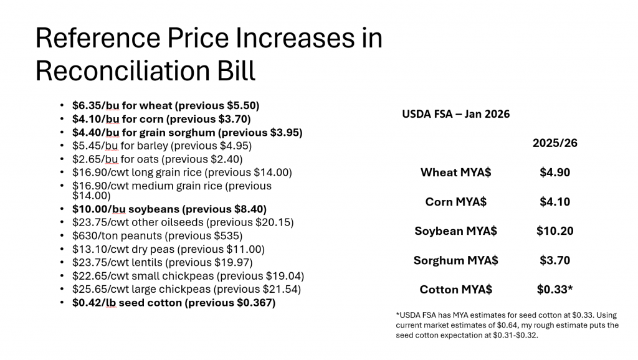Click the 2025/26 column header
pos(555,143)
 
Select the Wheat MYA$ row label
pos(455,173)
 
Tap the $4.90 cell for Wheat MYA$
pos(555,173)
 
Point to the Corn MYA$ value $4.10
pos(555,202)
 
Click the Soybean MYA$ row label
pos(455,231)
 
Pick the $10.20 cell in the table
pos(555,231)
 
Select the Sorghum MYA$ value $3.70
pos(555,260)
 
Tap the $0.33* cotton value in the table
pos(555,290)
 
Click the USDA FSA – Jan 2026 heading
pos(455,114)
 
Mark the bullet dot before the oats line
pos(61,159)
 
